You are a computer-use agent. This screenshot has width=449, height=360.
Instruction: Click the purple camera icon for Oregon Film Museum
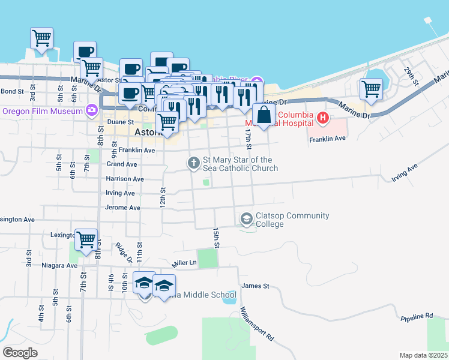(x=92, y=110)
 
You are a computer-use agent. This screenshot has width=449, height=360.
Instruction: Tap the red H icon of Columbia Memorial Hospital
(x=322, y=118)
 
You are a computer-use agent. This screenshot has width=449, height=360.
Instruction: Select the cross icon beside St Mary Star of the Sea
(x=193, y=163)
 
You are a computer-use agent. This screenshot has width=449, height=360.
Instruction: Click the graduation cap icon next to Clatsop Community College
(x=246, y=220)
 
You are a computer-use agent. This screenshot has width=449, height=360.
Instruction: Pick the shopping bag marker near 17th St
(x=264, y=115)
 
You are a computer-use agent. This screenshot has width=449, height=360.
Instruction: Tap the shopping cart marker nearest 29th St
(x=372, y=89)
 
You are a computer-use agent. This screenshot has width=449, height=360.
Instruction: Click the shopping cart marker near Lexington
(x=86, y=239)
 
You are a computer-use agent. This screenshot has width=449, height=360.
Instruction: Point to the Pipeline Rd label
(x=417, y=316)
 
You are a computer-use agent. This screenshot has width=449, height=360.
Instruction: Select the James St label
(x=255, y=286)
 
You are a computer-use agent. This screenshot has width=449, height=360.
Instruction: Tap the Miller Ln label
(x=184, y=263)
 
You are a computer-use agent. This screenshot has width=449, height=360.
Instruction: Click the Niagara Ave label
(x=61, y=265)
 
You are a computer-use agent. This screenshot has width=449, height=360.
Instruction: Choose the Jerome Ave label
(x=122, y=208)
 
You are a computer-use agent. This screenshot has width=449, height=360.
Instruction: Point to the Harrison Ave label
(x=125, y=179)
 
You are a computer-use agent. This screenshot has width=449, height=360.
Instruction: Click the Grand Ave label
(x=122, y=164)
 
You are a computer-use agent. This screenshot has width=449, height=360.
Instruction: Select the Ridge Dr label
(x=124, y=254)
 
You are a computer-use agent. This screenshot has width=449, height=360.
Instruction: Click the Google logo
(x=20, y=353)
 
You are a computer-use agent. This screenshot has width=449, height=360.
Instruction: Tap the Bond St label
(x=11, y=91)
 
